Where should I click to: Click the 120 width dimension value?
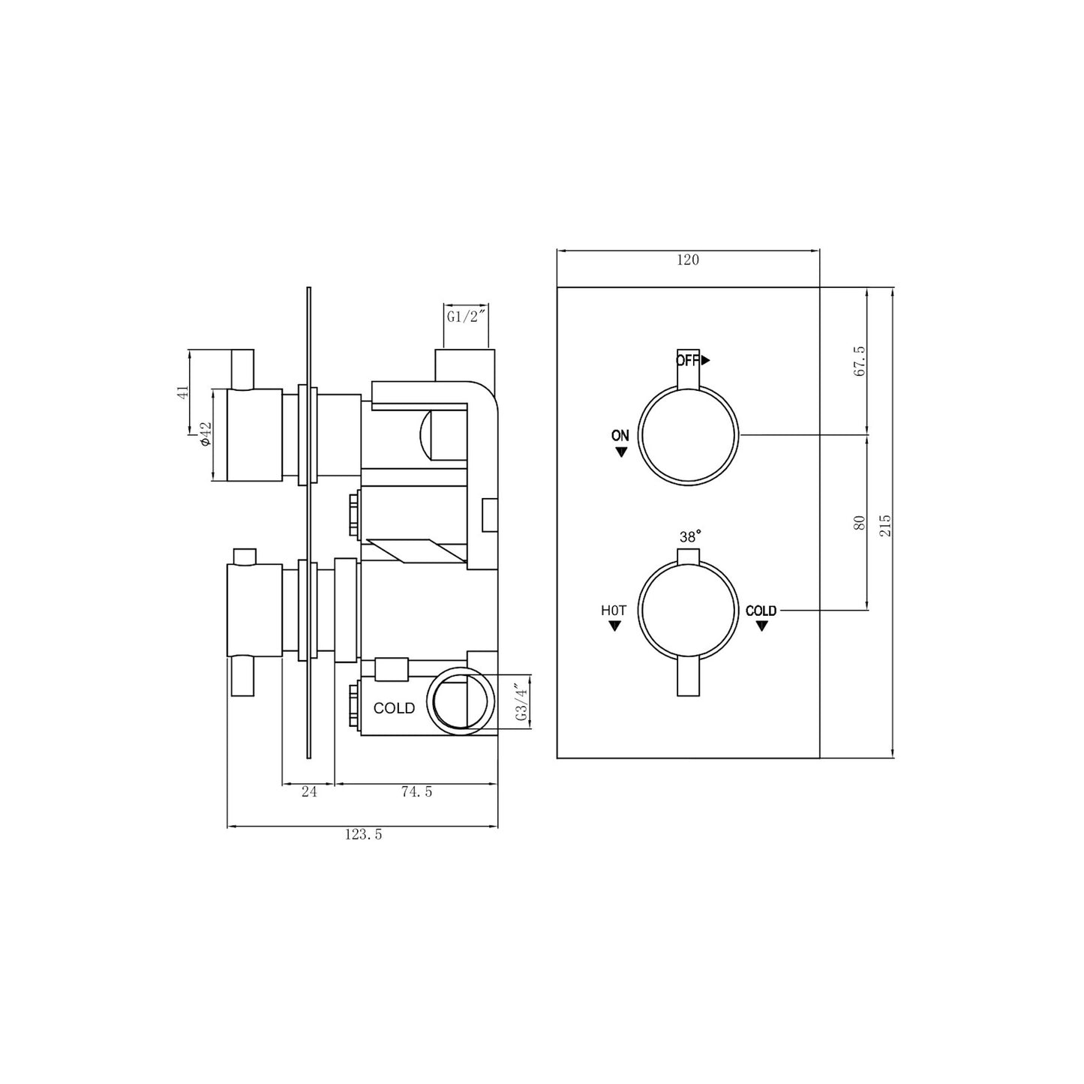(x=688, y=260)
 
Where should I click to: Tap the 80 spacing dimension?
(x=860, y=522)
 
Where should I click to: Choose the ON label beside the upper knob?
(x=620, y=436)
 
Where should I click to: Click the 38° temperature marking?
(x=690, y=537)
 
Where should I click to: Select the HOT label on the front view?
(x=614, y=611)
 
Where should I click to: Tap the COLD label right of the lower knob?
(x=761, y=611)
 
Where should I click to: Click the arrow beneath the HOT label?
(x=614, y=626)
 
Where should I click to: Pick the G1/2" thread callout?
(x=467, y=317)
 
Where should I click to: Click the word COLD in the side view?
(x=394, y=708)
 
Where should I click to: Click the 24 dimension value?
(x=308, y=791)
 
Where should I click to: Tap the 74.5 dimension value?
(x=416, y=791)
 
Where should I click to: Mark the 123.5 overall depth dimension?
(x=363, y=834)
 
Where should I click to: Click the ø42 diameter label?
(x=205, y=434)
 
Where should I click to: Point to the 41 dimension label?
(x=181, y=392)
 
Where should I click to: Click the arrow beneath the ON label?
(x=620, y=452)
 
